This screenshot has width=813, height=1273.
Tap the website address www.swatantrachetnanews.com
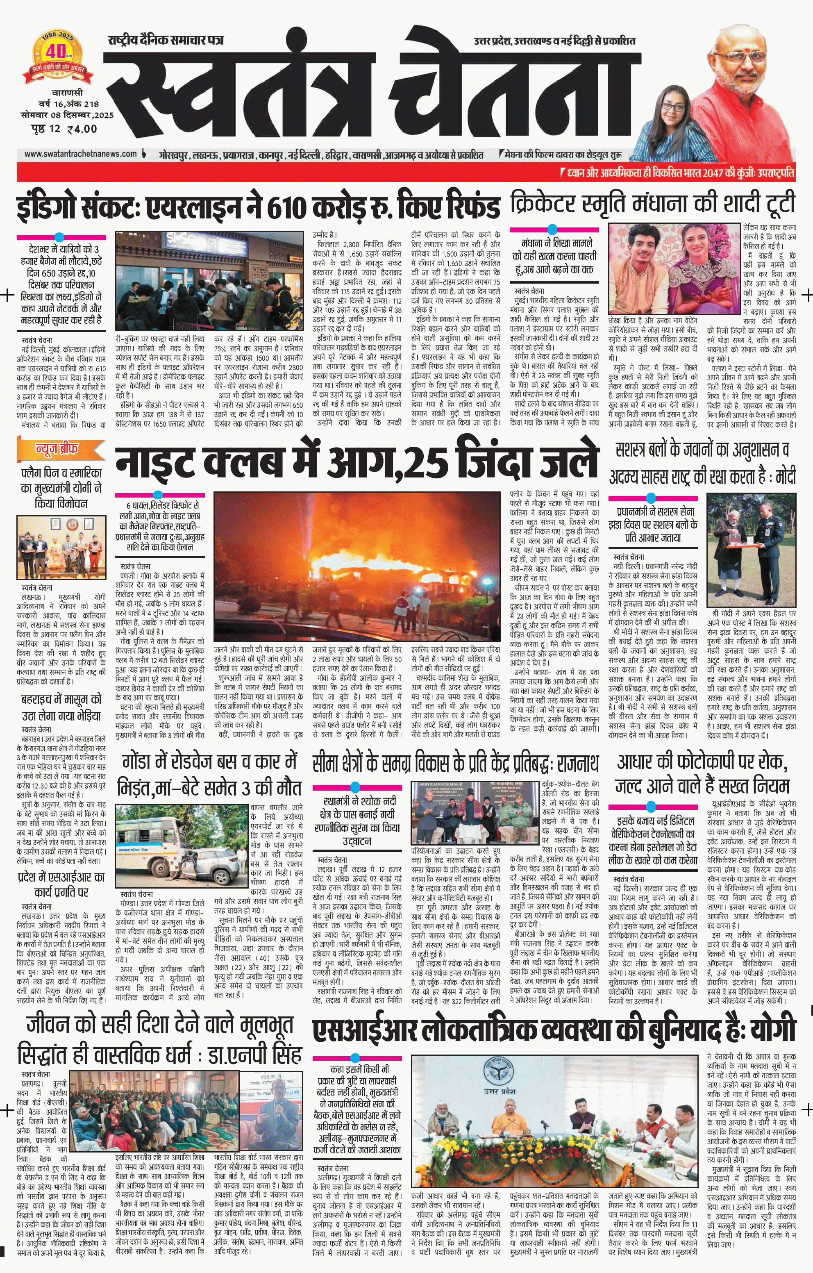pyautogui.click(x=80, y=154)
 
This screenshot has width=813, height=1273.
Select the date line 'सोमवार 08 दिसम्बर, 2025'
pyautogui.click(x=67, y=115)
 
